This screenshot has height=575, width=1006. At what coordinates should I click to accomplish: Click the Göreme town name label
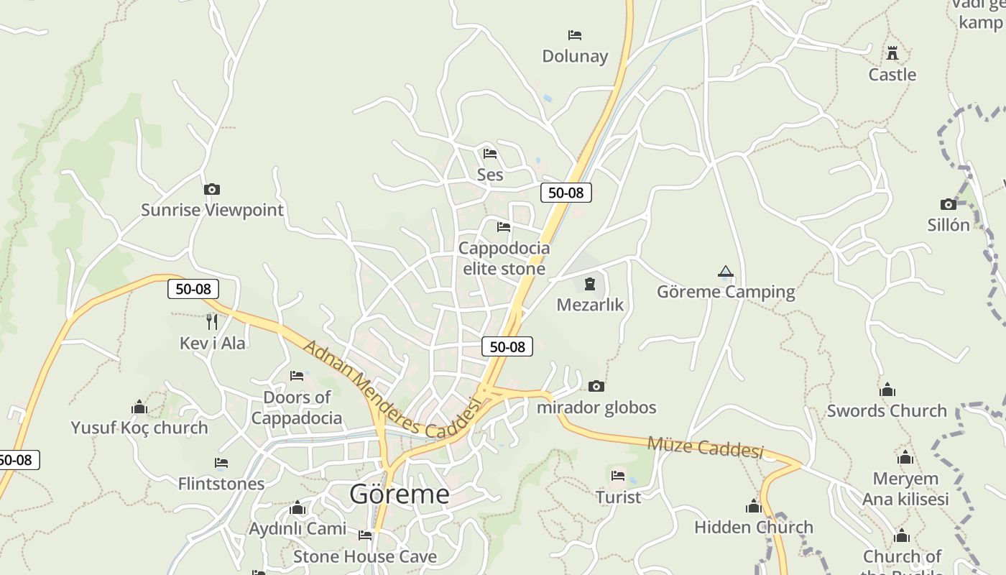tap(400, 494)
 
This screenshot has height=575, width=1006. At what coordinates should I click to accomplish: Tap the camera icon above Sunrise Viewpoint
tap(212, 189)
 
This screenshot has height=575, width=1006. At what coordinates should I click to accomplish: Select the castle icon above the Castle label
tap(892, 52)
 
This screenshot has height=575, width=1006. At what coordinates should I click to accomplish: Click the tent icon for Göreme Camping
tap(726, 272)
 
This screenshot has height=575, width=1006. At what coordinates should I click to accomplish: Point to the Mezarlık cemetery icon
tap(590, 284)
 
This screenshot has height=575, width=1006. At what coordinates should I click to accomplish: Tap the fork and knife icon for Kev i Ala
tap(212, 321)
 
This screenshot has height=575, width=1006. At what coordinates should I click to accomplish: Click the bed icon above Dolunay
tap(575, 34)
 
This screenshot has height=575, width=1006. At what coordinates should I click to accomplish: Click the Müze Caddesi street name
tap(705, 446)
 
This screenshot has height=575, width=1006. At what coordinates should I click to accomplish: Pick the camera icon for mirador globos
tap(596, 387)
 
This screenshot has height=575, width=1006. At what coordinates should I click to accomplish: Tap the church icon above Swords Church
tap(887, 390)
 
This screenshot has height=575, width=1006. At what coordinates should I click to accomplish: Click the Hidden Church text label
tap(754, 527)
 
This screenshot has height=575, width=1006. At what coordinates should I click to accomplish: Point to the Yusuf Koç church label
tap(139, 428)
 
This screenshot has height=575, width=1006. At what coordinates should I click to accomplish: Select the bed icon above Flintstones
tap(221, 463)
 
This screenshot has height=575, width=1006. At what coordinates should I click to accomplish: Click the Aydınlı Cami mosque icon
tap(297, 509)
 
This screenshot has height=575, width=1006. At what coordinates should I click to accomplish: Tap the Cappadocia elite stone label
tap(504, 258)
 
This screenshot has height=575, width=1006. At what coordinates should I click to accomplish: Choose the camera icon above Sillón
tap(949, 204)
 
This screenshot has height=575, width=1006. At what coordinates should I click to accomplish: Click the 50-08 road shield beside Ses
tap(566, 192)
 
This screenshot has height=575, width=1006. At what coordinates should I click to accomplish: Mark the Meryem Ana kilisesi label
tap(905, 489)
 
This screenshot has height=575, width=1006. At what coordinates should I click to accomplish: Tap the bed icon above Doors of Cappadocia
tap(297, 375)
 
